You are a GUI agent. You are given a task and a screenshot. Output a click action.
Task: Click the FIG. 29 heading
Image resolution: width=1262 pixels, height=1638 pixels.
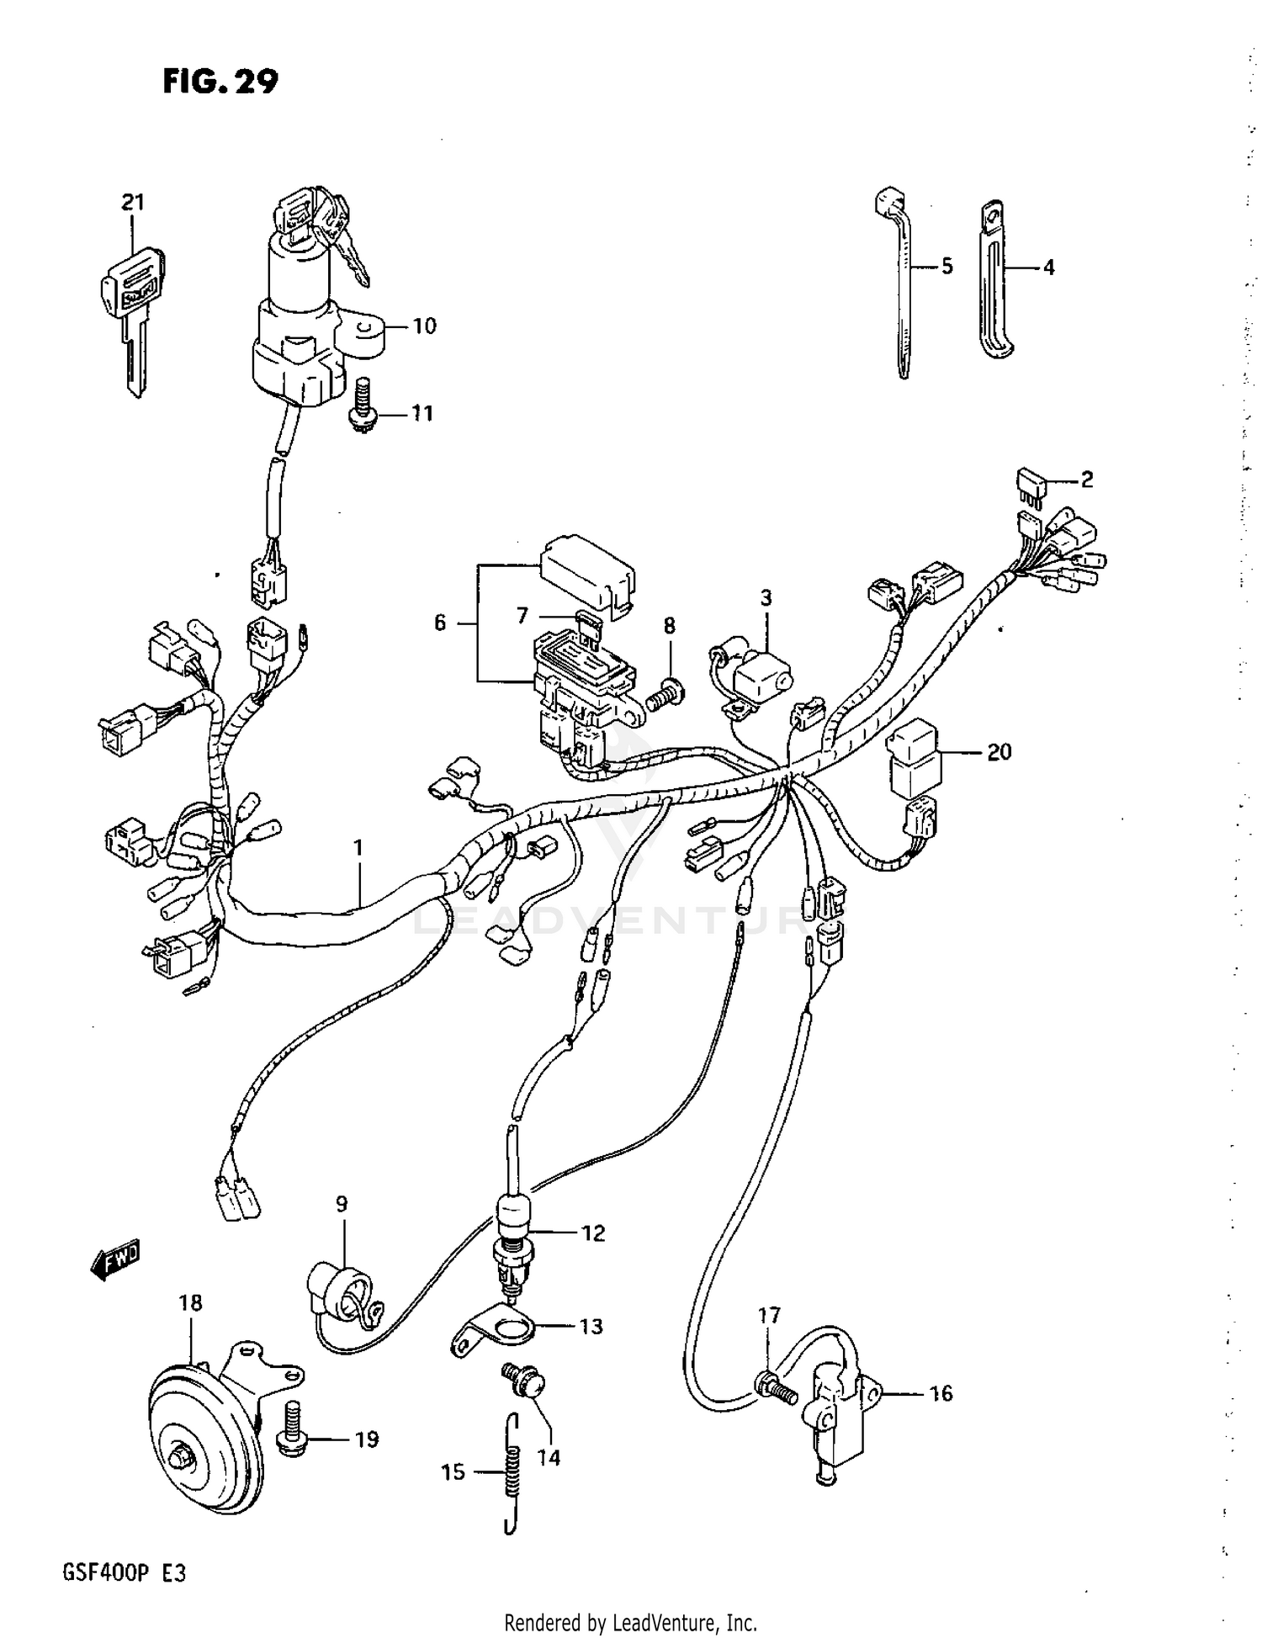[x=220, y=82]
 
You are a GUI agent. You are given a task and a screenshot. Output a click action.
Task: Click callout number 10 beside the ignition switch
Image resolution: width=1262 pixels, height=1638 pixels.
[x=425, y=326]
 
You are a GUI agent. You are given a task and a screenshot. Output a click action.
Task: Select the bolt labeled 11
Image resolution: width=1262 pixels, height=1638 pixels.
[x=362, y=404]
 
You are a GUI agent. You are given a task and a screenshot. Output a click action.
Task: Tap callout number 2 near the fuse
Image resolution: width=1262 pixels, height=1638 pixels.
[x=1086, y=480]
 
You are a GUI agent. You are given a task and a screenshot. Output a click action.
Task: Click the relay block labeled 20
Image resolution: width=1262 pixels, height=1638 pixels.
[x=914, y=758]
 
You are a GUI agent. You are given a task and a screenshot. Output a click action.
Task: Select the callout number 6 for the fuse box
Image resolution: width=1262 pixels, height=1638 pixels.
[x=439, y=623]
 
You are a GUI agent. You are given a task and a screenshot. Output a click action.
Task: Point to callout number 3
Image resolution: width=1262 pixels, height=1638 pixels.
[x=766, y=598]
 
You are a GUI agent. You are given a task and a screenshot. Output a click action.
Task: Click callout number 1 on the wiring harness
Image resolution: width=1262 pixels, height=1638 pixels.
[x=358, y=847]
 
